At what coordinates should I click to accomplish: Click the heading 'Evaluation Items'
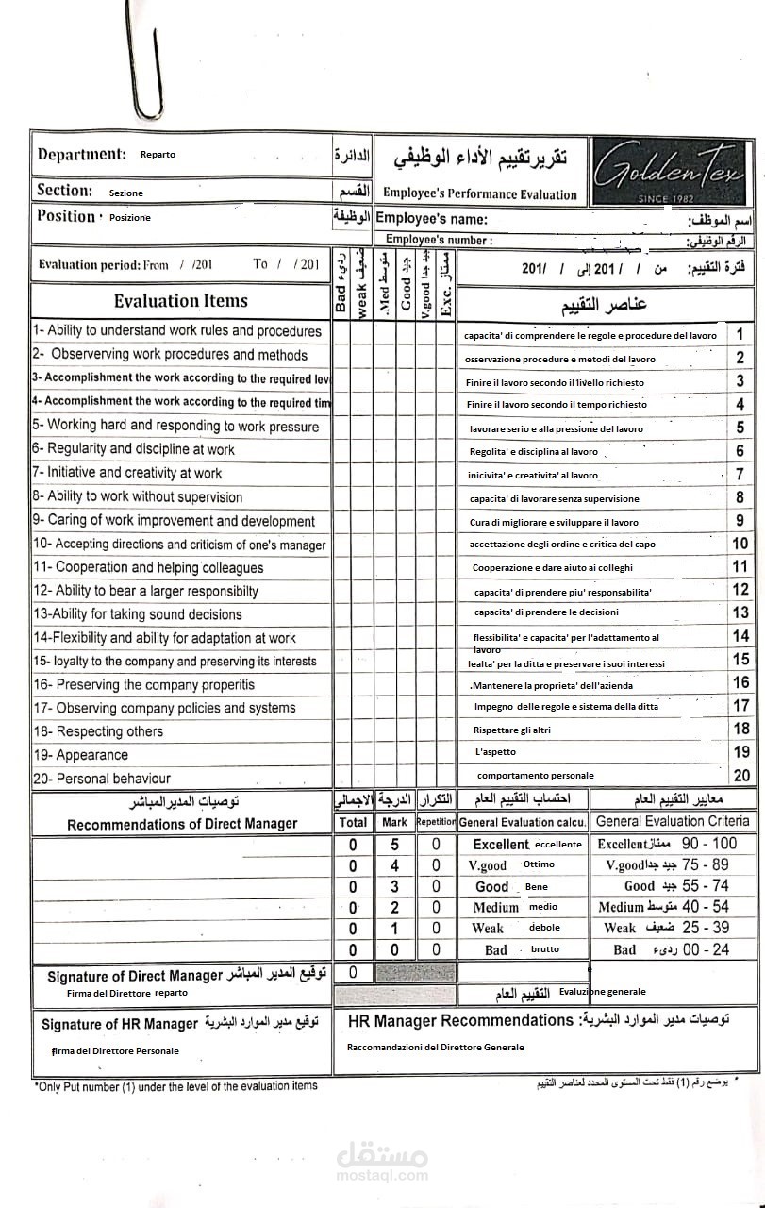tap(180, 301)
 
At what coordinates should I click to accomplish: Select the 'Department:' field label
tap(81, 155)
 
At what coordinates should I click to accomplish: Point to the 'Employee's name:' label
tap(431, 220)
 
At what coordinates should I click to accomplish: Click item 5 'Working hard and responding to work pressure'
tap(175, 426)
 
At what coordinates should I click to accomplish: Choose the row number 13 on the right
tap(740, 612)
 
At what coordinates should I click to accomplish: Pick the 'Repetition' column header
tap(436, 822)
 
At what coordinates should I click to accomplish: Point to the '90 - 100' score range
tap(708, 843)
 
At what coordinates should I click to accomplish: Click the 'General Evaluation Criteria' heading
tap(673, 821)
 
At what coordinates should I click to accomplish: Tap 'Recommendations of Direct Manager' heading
tap(182, 824)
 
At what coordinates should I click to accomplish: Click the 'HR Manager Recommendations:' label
tap(460, 1020)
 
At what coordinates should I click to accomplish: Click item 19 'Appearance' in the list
tap(81, 755)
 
